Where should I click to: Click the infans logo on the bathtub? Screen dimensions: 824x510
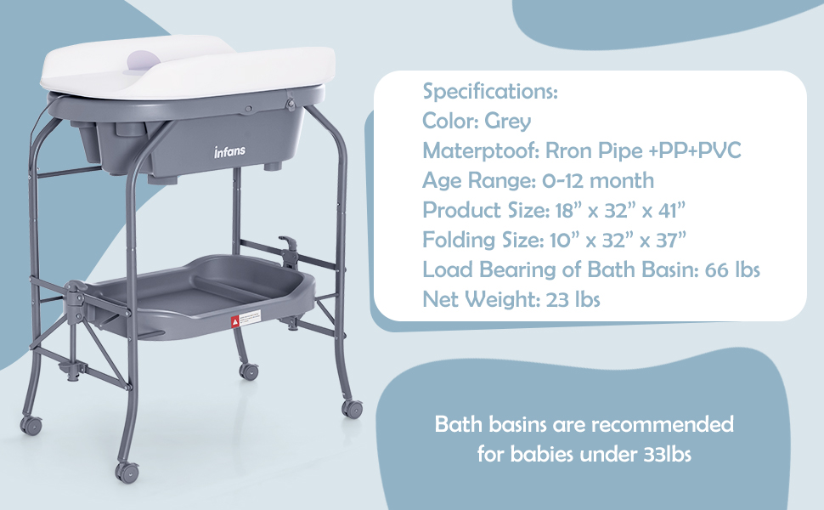pyautogui.click(x=229, y=152)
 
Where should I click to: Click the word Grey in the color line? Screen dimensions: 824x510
pyautogui.click(x=508, y=122)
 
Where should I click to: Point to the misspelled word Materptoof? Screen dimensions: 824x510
pyautogui.click(x=479, y=151)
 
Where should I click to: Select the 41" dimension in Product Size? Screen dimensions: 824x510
pyautogui.click(x=672, y=210)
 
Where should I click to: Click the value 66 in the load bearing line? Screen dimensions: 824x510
pyautogui.click(x=717, y=270)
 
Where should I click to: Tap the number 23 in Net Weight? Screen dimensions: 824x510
pyautogui.click(x=557, y=300)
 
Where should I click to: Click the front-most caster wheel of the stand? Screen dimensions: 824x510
pyautogui.click(x=127, y=472)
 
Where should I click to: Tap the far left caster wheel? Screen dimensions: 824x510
pyautogui.click(x=31, y=425)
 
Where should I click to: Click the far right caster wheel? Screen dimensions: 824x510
pyautogui.click(x=352, y=409)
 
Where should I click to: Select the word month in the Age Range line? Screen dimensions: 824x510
pyautogui.click(x=622, y=181)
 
